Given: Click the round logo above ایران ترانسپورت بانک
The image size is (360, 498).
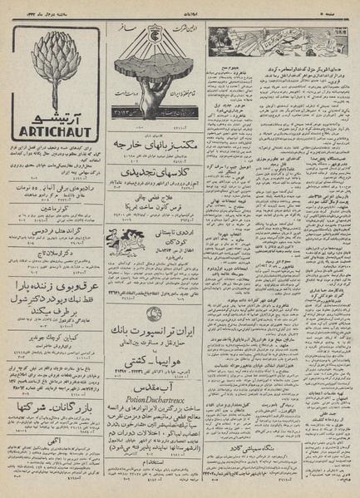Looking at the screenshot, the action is pyautogui.click(x=156, y=313).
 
